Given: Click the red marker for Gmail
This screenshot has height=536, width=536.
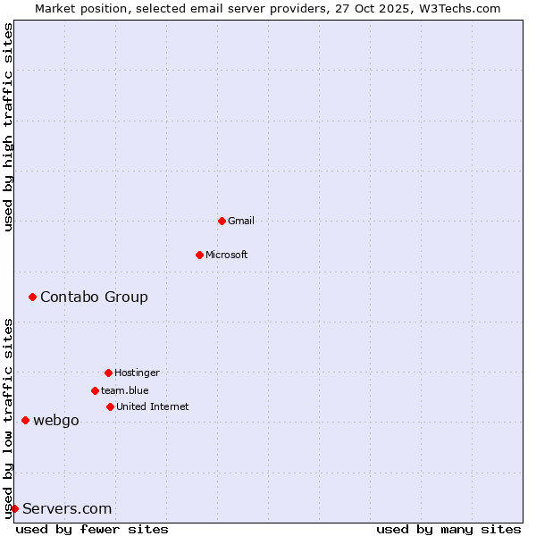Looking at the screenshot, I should pyautogui.click(x=222, y=221).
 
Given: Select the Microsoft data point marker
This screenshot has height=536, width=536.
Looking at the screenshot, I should pyautogui.click(x=199, y=255).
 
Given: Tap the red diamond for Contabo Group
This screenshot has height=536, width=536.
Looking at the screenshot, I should pyautogui.click(x=32, y=297).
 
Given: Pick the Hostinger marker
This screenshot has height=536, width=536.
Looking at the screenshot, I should pyautogui.click(x=108, y=373).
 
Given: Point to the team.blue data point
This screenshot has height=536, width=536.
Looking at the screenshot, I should pyautogui.click(x=95, y=390).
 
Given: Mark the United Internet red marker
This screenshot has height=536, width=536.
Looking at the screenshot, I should pyautogui.click(x=110, y=406).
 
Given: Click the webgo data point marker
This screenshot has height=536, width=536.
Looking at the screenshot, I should pyautogui.click(x=25, y=420).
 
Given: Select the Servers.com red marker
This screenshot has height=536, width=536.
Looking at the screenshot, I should pyautogui.click(x=14, y=508).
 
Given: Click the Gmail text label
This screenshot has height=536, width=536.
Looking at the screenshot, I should pyautogui.click(x=241, y=221).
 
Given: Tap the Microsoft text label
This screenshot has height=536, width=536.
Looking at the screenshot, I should pyautogui.click(x=227, y=255).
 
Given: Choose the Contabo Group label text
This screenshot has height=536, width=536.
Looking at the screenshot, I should pyautogui.click(x=94, y=297).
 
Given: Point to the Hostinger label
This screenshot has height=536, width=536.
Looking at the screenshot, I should pyautogui.click(x=137, y=373).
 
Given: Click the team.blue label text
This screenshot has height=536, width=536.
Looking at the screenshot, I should pyautogui.click(x=125, y=390).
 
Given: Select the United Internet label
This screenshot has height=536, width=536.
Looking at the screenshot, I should pyautogui.click(x=153, y=406).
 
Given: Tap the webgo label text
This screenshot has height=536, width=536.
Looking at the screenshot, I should pyautogui.click(x=56, y=420).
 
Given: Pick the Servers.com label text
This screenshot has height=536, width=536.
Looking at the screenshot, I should pyautogui.click(x=67, y=508).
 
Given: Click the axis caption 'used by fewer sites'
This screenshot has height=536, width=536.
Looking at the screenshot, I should pyautogui.click(x=92, y=529).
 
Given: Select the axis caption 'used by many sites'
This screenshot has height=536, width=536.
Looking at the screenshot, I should pyautogui.click(x=448, y=529).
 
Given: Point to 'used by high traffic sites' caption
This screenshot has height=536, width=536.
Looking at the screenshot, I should pyautogui.click(x=8, y=127).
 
